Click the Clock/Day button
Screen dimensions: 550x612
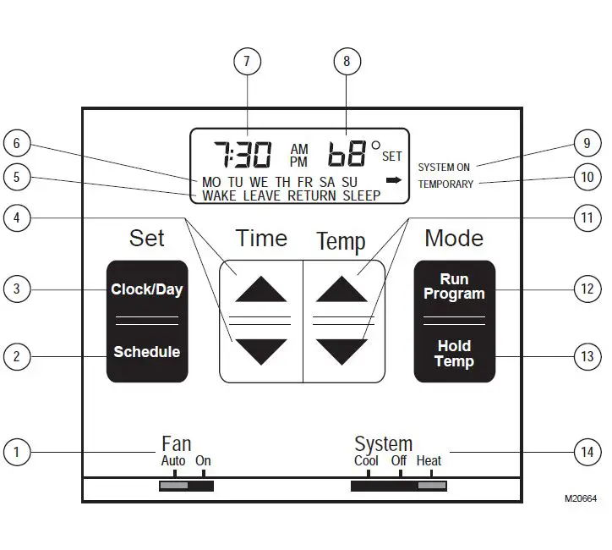(146, 289)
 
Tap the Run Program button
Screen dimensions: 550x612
(454, 287)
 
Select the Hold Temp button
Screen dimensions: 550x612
(454, 354)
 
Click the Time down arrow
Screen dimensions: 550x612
(261, 350)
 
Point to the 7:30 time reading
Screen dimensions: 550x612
(242, 155)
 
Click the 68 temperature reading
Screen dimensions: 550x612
(347, 155)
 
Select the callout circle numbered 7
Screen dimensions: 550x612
(247, 61)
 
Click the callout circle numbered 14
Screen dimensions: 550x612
(587, 452)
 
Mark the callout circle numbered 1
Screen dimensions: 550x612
(16, 452)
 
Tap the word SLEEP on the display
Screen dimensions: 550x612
(360, 195)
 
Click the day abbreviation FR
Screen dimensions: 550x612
(304, 182)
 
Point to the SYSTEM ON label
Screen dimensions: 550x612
(444, 168)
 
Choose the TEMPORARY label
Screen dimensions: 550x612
(445, 184)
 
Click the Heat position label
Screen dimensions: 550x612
(429, 461)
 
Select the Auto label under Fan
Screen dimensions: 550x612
(173, 461)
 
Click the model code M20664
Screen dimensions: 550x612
(580, 499)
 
